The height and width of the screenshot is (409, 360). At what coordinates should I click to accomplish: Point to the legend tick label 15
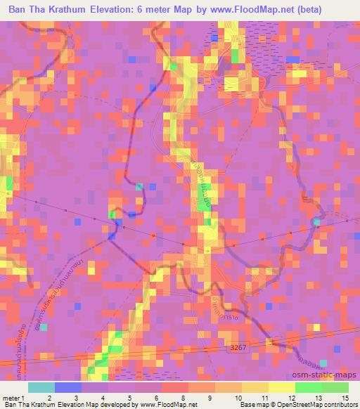[346, 398]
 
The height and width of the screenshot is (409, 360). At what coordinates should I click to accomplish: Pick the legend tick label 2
[49, 398]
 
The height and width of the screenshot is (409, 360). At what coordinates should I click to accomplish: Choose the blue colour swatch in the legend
[67, 387]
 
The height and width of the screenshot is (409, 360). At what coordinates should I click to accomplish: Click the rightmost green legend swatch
[335, 387]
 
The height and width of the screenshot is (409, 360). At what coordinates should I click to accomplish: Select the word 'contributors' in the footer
[340, 405]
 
